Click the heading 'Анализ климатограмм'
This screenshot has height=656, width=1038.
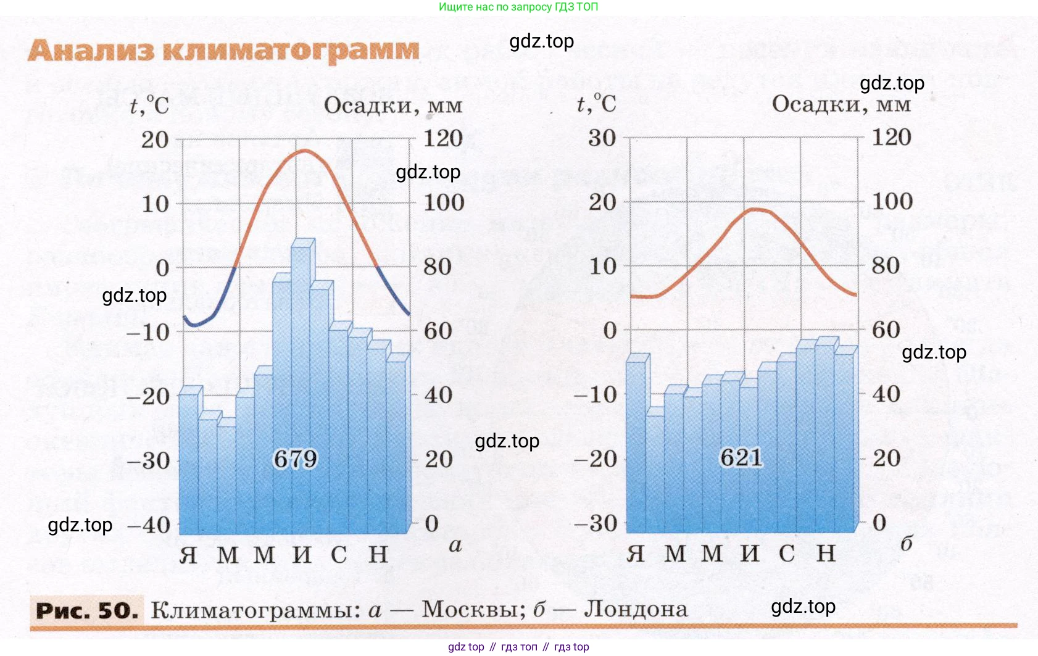pos(223,50)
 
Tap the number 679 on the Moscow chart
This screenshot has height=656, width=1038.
pos(295,459)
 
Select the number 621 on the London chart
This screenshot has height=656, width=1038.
pos(741,458)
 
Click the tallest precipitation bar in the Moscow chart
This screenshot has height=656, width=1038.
pos(301,370)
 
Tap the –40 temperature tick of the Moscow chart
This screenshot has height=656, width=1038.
pos(149,525)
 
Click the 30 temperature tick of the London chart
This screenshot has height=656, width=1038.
pos(602,138)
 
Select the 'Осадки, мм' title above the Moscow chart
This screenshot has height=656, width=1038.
pos(393,106)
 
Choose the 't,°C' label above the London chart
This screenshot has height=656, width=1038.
pos(596,104)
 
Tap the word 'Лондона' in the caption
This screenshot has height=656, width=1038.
pos(636,609)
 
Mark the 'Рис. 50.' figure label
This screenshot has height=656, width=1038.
pos(86,610)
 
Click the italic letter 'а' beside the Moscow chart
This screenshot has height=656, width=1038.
pos(455,546)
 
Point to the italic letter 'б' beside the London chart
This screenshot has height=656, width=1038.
pos(906,543)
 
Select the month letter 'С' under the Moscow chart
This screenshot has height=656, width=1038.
pos(339,555)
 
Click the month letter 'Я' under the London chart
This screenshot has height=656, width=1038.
pos(636,554)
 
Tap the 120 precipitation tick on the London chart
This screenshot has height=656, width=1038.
pos(891,137)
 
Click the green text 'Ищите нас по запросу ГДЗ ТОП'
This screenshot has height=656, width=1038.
pos(518,7)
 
